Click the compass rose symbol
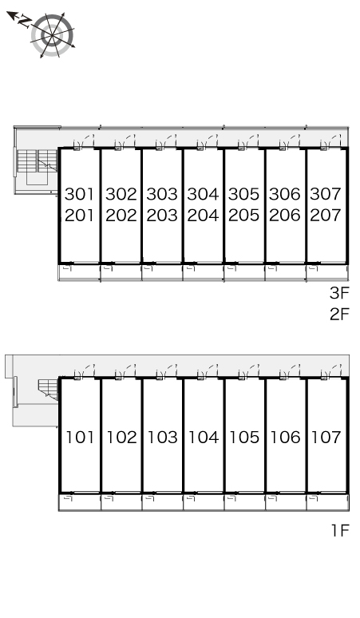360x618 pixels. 52,35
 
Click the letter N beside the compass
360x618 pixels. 25,22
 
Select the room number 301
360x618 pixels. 80,194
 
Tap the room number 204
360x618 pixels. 203,216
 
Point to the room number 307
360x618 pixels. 326,193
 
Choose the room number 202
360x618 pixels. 121,216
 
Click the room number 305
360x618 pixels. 243,194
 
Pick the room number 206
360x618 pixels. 285,216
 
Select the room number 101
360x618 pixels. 80,437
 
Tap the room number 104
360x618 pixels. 204,437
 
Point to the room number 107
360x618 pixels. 326,437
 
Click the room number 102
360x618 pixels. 121,437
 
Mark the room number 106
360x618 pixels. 285,437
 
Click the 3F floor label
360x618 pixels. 339,293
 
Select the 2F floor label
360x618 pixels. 339,314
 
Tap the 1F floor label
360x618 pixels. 340,530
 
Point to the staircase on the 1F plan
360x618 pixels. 49,390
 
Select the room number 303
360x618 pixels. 162,194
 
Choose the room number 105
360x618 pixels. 244,437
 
